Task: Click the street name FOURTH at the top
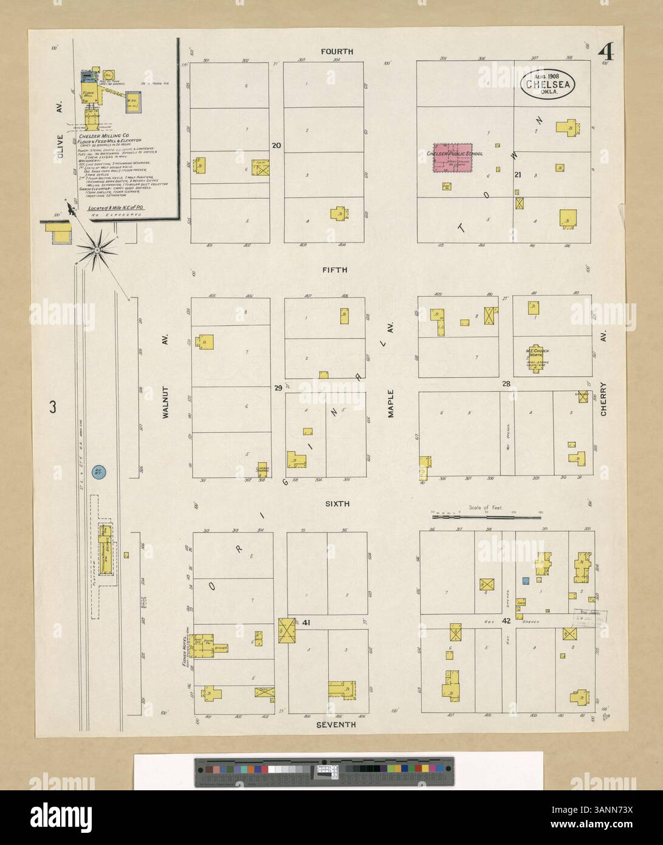coord(337,52)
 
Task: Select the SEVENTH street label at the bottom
coord(336,725)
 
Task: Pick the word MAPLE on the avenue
coord(391,403)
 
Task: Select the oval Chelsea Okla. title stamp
coord(548,86)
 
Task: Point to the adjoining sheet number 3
coord(53,407)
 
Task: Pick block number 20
coord(277,145)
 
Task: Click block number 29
coord(278,387)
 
